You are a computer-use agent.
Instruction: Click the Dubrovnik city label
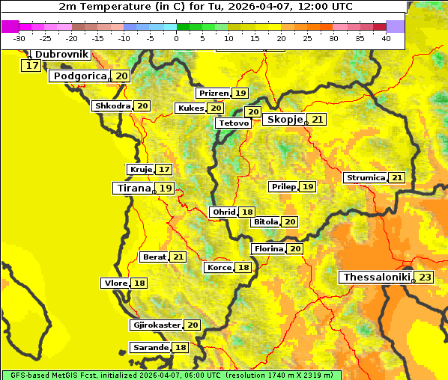pos(61,55)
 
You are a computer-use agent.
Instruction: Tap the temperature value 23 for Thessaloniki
pos(425,278)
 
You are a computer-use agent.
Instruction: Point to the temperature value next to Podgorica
pos(121,76)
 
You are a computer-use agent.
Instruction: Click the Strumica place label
pos(366,178)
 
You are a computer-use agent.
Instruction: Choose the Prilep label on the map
pos(283,186)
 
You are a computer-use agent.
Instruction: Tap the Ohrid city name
pos(224,212)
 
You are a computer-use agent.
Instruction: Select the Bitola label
pos(266,222)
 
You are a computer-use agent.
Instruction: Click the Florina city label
pos(268,248)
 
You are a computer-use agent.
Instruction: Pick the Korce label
pos(219,268)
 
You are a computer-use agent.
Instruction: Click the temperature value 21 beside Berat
pos(178,257)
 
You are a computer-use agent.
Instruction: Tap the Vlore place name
pos(115,283)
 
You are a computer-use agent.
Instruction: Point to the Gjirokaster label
pos(156,325)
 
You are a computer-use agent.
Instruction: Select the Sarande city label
pos(150,348)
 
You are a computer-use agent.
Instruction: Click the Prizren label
pos(214,94)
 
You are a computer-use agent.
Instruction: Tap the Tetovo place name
pos(234,123)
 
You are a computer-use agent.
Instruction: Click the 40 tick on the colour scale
pos(385,37)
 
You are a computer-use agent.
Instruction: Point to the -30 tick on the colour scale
pos(19,37)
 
